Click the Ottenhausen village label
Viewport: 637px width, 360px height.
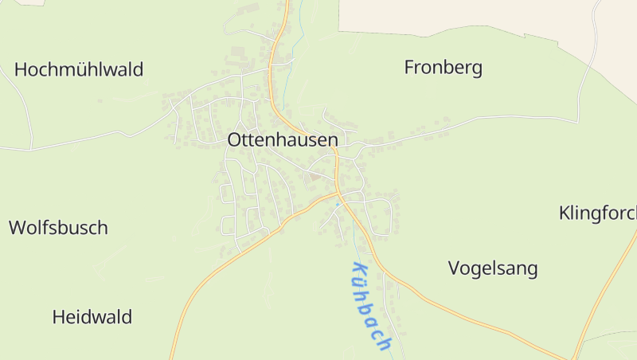pos(283,139)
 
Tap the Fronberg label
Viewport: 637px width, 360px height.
pos(443,68)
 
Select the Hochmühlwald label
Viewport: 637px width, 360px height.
pos(79,69)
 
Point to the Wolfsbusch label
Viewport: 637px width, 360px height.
pos(58,228)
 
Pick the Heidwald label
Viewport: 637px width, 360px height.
pos(92,317)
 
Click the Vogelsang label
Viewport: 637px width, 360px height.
pos(493,268)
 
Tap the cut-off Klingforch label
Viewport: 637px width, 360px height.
pos(597,213)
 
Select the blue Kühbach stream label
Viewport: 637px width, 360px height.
pos(371,306)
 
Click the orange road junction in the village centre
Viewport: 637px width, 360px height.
pos(338,192)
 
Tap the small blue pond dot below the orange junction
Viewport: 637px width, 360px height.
pos(338,205)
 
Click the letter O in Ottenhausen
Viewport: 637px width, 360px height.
pos(235,139)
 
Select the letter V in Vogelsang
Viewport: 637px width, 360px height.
pos(455,268)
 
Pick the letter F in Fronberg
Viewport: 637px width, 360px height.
pos(410,68)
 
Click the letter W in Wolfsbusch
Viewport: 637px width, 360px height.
pos(18,228)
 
